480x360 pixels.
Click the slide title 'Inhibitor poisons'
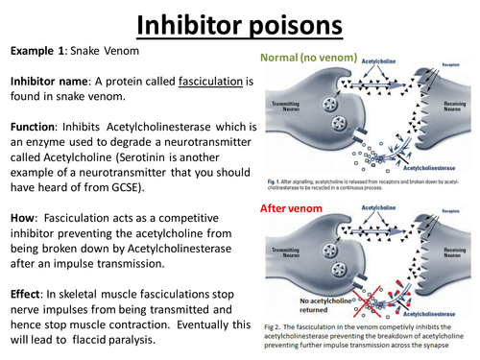[x=240, y=23]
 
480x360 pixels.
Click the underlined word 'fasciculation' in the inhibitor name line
[x=204, y=84]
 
